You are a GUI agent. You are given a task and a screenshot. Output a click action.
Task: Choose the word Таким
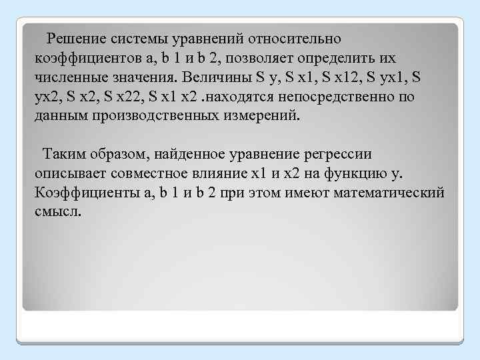(61, 155)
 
